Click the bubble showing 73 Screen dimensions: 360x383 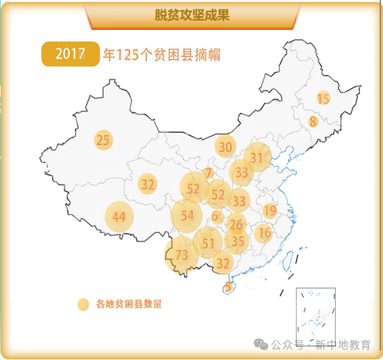point(182,255)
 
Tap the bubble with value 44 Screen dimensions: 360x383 point(119,217)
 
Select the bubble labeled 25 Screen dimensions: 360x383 point(103,140)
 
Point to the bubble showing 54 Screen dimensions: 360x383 point(187,215)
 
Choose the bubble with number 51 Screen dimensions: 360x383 point(209,243)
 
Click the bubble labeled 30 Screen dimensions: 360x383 point(225,147)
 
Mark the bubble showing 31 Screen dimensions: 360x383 point(257,157)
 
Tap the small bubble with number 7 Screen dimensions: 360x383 point(209,173)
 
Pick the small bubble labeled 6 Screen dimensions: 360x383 point(215,216)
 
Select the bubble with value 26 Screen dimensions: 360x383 point(236,225)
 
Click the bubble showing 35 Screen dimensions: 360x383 point(237,241)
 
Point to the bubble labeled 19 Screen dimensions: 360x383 point(269,211)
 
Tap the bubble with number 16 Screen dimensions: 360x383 point(264,232)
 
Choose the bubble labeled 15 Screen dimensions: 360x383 point(323,99)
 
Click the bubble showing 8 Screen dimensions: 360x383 point(313,122)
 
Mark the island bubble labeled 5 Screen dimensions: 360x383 point(229,287)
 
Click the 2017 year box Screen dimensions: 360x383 point(70,54)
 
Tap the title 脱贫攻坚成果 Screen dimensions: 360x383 point(191,15)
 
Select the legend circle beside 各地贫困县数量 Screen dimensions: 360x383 point(83,304)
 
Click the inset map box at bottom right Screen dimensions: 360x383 point(315,314)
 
